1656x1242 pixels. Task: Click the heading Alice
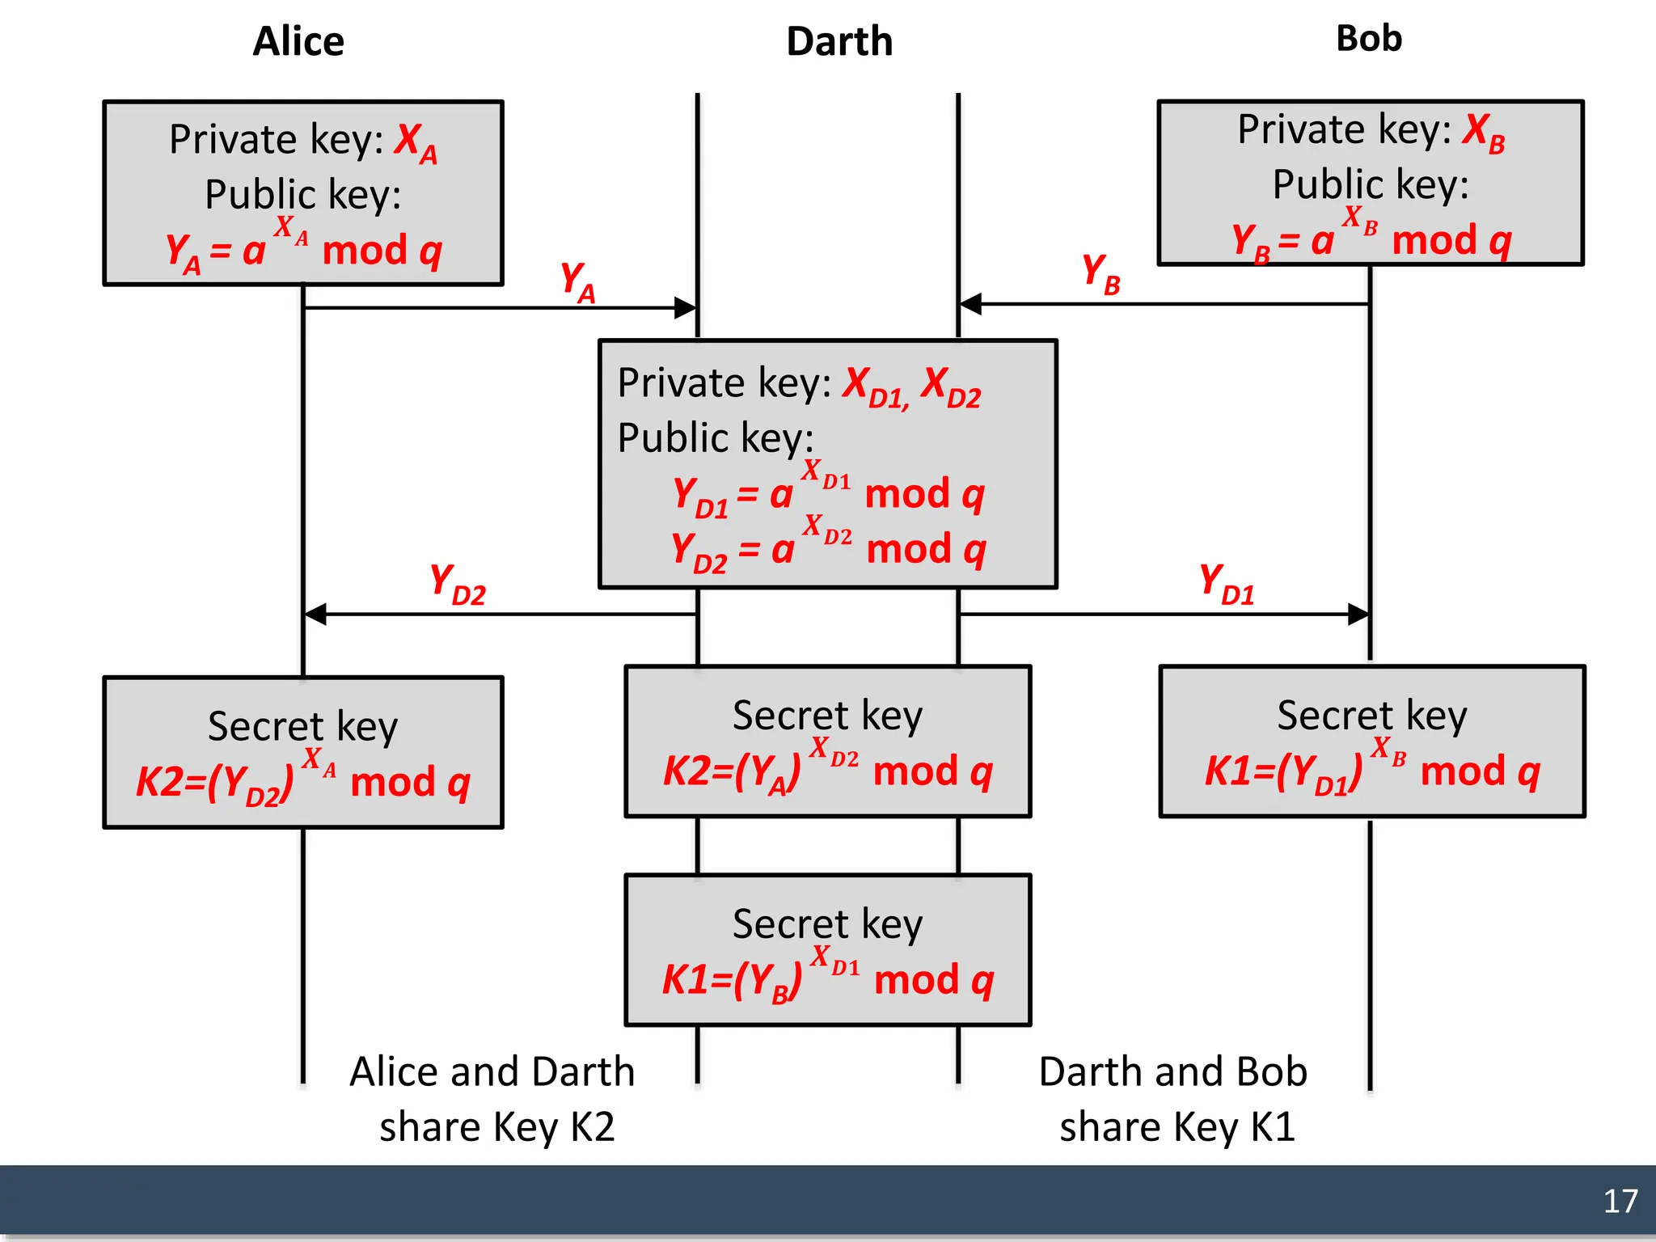[298, 41]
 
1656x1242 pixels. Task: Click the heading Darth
[839, 41]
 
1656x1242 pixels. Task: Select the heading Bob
[1368, 39]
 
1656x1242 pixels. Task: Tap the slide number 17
[1620, 1201]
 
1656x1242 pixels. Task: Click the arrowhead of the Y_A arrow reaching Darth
[685, 307]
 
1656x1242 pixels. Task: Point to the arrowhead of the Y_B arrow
[970, 304]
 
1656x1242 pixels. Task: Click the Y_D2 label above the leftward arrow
[457, 585]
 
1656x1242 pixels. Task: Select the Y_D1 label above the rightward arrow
[1226, 585]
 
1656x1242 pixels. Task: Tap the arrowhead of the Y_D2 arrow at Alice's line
[315, 615]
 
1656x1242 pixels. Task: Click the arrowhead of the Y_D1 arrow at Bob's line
[1358, 615]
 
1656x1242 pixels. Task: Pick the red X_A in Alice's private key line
[416, 144]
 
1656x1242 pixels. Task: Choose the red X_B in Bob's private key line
[1484, 133]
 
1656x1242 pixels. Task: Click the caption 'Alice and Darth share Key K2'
[493, 1098]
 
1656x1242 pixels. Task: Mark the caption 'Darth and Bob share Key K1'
[1174, 1098]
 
